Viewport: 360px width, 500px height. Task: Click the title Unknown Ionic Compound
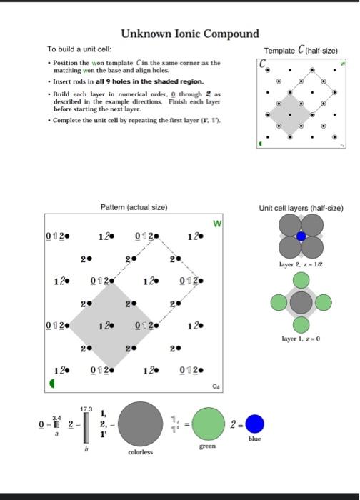click(189, 34)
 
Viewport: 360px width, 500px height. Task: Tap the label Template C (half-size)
click(301, 51)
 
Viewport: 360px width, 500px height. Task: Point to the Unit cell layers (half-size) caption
click(301, 208)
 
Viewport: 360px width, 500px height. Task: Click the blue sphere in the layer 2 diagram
click(301, 236)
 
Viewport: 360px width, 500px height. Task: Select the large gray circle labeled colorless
click(140, 423)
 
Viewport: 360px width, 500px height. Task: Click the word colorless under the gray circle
click(140, 452)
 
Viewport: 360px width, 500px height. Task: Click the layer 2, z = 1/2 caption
click(301, 265)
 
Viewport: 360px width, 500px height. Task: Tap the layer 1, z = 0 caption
click(301, 337)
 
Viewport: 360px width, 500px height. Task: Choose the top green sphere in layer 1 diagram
click(301, 281)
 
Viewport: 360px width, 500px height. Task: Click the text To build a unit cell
click(79, 50)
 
